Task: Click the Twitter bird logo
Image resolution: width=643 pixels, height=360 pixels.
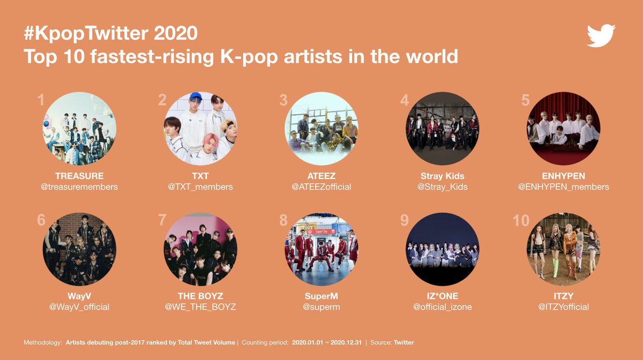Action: click(x=601, y=36)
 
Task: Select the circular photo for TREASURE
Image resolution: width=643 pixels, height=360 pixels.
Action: click(x=79, y=129)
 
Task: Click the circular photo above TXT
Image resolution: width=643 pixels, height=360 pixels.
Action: click(x=200, y=129)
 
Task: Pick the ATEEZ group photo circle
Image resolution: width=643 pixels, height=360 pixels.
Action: click(x=322, y=129)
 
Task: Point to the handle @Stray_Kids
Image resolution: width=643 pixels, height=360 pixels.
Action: click(x=443, y=187)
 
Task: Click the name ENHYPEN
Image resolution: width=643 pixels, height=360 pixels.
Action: click(x=563, y=176)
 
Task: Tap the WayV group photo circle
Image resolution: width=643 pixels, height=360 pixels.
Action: click(x=79, y=249)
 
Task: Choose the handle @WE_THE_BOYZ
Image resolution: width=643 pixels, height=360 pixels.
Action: click(x=200, y=307)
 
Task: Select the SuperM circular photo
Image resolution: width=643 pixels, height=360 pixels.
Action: click(x=322, y=249)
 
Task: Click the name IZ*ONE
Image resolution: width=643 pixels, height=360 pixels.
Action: click(x=443, y=296)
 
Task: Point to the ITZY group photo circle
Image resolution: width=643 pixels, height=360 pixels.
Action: click(x=563, y=249)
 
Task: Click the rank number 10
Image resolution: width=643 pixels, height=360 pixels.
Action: click(x=521, y=221)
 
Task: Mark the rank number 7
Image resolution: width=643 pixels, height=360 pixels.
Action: click(x=162, y=221)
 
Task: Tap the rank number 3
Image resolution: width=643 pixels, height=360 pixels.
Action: click(x=283, y=100)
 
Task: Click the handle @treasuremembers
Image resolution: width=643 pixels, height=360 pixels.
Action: click(x=79, y=187)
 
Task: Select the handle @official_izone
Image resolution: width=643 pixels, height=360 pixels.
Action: click(x=443, y=307)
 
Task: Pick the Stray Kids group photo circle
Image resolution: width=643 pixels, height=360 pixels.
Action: click(x=443, y=129)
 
